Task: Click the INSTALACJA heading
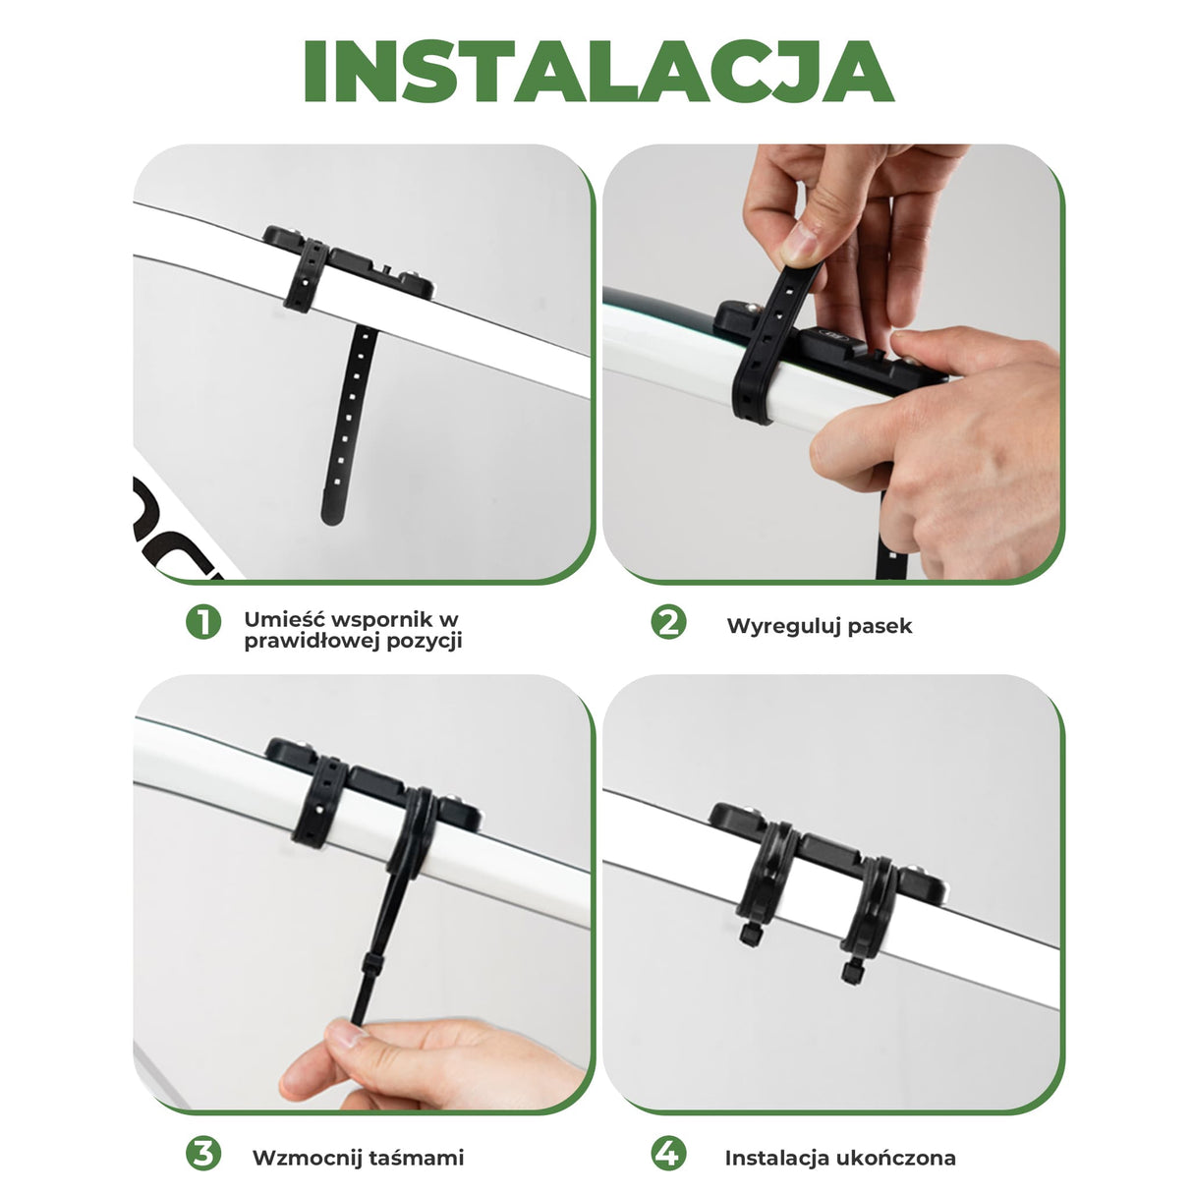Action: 596,72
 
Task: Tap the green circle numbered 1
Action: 203,622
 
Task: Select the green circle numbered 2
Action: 668,622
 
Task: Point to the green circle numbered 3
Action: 203,1154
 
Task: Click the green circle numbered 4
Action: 668,1154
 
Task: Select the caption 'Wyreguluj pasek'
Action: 819,626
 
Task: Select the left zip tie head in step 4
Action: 749,933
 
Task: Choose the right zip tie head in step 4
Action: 851,972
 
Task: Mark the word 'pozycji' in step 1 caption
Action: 425,641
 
